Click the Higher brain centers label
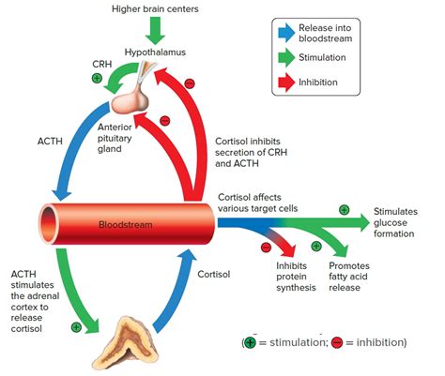155,8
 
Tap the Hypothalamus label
155,52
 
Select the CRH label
102,64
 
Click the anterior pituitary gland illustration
130,100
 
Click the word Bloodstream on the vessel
125,224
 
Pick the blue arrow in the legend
286,33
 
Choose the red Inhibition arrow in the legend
286,83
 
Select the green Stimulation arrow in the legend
286,57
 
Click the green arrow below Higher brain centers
155,30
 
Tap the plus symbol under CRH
97,78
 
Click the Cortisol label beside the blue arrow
213,274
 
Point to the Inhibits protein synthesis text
296,277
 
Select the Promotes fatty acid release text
349,277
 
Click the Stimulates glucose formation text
395,222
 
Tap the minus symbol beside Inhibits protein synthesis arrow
266,247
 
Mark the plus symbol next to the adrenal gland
76,327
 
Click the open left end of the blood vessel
49,224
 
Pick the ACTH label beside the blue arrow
50,142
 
